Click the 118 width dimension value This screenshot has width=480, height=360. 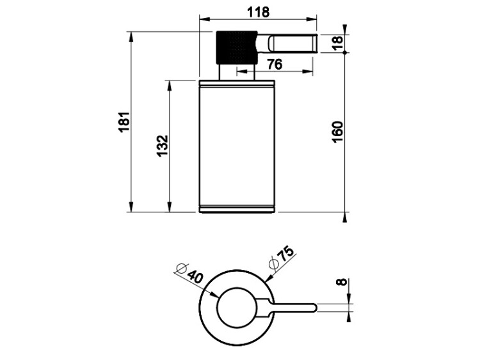click(x=258, y=12)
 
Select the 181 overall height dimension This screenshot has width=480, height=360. click(x=125, y=122)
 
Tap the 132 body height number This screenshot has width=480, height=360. click(x=163, y=146)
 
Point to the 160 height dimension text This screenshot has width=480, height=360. click(x=337, y=132)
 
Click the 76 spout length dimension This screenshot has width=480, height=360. click(x=275, y=65)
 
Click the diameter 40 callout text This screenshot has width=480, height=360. click(x=191, y=273)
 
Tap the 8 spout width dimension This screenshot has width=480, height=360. click(x=341, y=281)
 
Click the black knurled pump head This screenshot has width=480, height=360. click(x=237, y=47)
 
